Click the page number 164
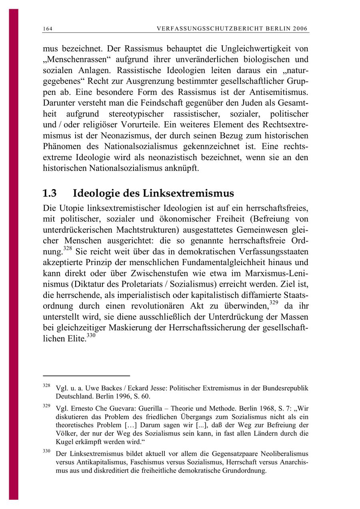pos(48,29)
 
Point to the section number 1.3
pos(50,194)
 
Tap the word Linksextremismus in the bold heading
pos(188,194)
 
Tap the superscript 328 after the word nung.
pos(68,248)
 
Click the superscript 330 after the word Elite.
pos(91,335)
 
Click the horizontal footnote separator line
pos(86,376)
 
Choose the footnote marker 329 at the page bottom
pos(46,406)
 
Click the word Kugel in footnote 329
pos(64,442)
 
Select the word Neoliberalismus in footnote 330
pos(285,454)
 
